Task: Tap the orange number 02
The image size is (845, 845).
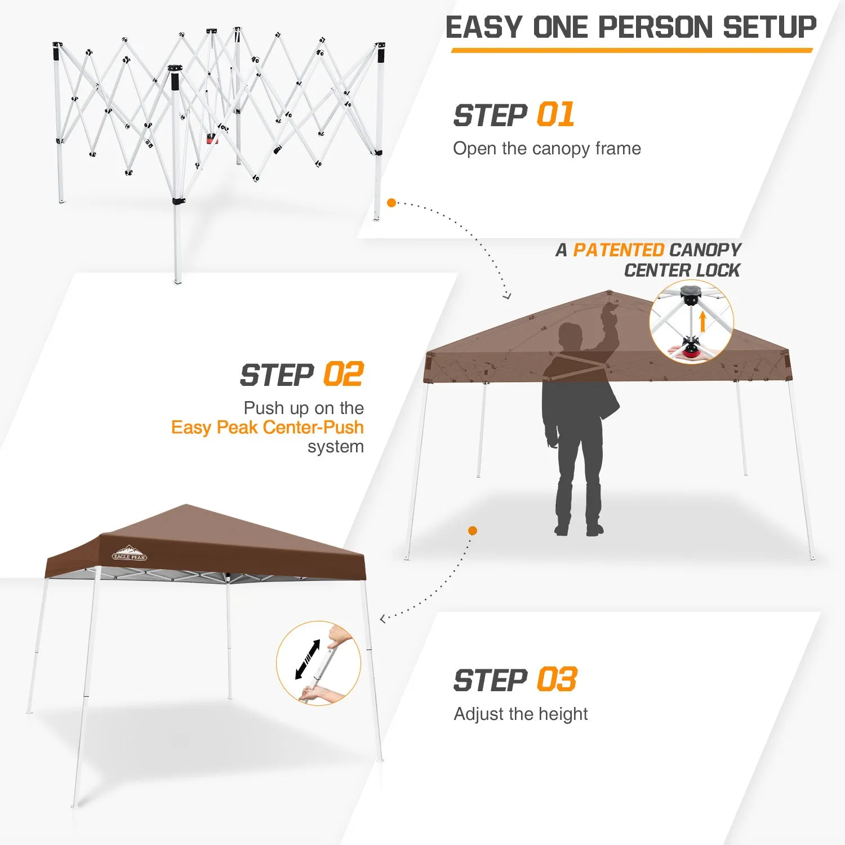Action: click(x=344, y=374)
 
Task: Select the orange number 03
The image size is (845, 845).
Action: click(x=557, y=679)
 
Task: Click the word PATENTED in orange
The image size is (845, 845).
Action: click(x=619, y=250)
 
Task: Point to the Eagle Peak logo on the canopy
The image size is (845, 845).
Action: click(x=130, y=553)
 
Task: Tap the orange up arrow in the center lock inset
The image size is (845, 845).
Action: click(x=702, y=322)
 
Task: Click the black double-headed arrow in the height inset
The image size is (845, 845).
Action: click(x=308, y=660)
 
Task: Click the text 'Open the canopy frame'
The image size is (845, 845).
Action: click(x=547, y=149)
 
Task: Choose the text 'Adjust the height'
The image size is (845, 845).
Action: click(x=521, y=714)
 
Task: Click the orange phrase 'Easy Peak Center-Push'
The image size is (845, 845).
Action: click(x=268, y=427)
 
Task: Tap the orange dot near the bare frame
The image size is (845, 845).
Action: click(x=392, y=203)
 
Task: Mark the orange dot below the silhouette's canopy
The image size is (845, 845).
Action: click(x=473, y=531)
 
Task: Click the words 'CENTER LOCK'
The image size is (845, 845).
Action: click(x=682, y=270)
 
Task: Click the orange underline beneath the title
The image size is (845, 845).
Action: click(x=632, y=50)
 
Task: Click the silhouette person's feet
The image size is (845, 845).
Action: click(x=579, y=530)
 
